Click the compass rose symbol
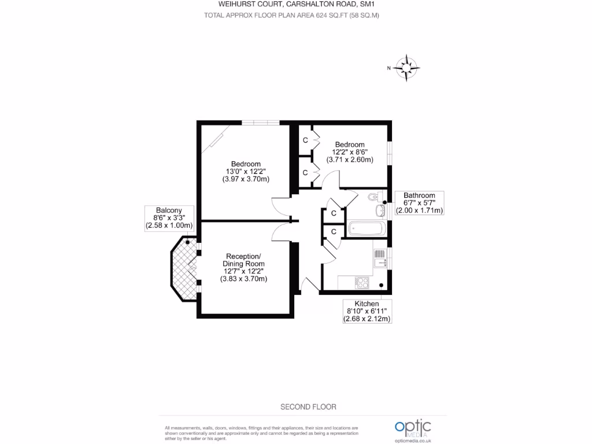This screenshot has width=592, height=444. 408,68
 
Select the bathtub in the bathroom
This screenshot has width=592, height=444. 366,228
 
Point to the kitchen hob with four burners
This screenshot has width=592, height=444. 362,282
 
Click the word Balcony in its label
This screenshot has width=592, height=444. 169,210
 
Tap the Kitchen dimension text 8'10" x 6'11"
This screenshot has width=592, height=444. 367,312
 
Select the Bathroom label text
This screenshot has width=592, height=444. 419,195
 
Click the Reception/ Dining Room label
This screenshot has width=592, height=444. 243,260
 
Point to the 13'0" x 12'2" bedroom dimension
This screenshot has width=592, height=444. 246,172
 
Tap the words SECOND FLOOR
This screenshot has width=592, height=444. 308,407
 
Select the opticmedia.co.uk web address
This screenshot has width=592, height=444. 413,441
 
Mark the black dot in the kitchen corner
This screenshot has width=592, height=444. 382,285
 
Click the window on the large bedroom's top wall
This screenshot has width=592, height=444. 260,122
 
